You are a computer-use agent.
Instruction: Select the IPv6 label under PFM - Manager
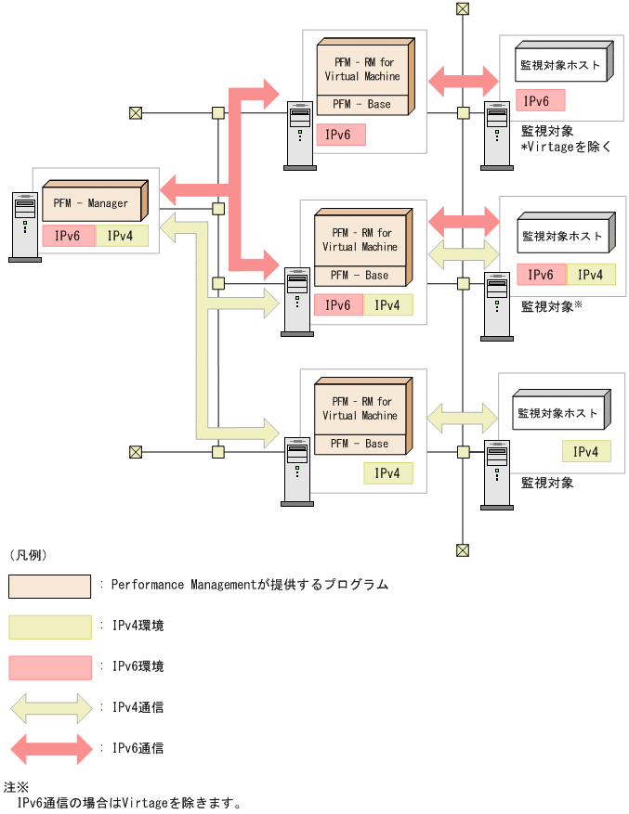pyautogui.click(x=68, y=236)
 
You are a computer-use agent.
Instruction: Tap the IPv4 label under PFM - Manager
pyautogui.click(x=121, y=236)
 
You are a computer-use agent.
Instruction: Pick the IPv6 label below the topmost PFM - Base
pyautogui.click(x=340, y=135)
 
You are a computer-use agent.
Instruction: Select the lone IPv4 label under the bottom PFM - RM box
pyautogui.click(x=387, y=473)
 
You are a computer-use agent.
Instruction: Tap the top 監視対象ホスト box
pyautogui.click(x=560, y=66)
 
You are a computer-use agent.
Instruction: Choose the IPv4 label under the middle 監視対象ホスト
pyautogui.click(x=590, y=275)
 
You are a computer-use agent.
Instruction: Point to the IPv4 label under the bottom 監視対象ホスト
pyautogui.click(x=586, y=452)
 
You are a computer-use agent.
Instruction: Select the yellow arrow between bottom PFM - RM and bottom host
pyautogui.click(x=462, y=415)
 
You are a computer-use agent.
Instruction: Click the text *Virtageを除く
pyautogui.click(x=566, y=147)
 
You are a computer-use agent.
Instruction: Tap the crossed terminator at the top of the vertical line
pyautogui.click(x=463, y=9)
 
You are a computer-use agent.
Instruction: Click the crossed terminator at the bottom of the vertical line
pyautogui.click(x=463, y=550)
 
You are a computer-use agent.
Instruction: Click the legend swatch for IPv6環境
pyautogui.click(x=50, y=667)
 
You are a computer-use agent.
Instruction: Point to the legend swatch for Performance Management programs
pyautogui.click(x=50, y=586)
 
